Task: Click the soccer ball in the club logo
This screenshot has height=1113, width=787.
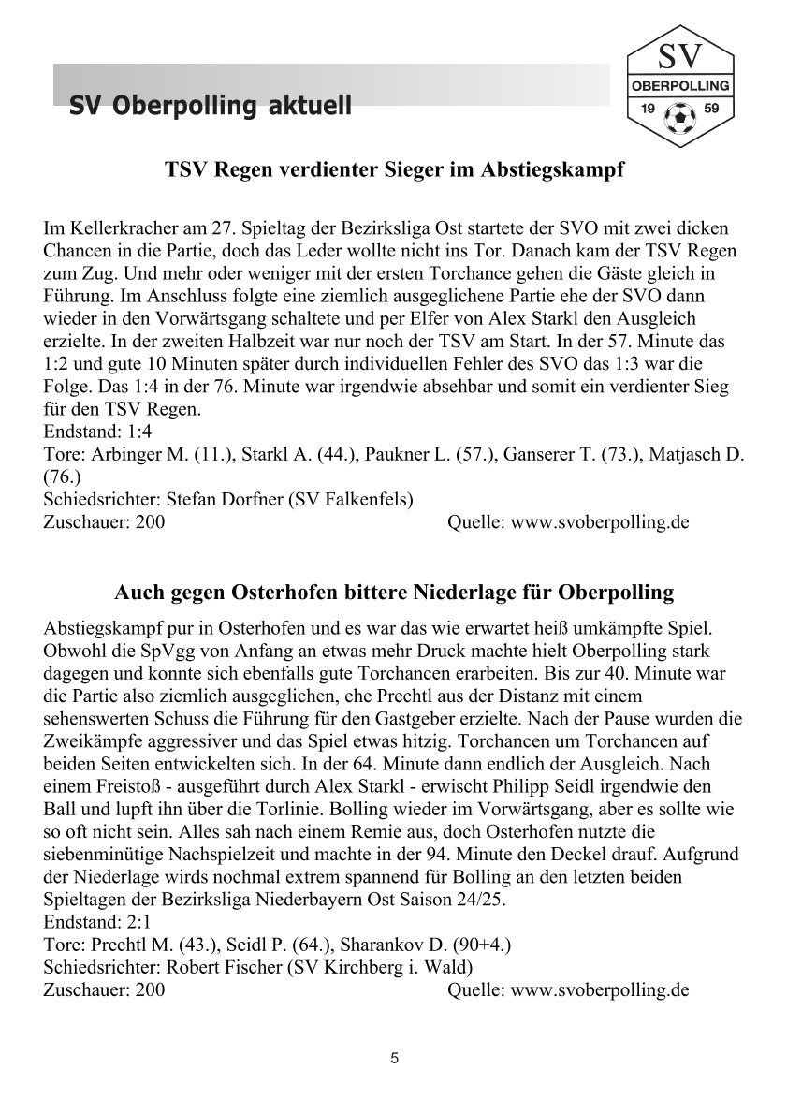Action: pos(679,117)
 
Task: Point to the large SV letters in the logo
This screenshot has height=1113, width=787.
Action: pos(680,59)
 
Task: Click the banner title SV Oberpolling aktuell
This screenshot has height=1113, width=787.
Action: pos(211,107)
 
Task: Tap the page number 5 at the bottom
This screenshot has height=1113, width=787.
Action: pos(394,1059)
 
